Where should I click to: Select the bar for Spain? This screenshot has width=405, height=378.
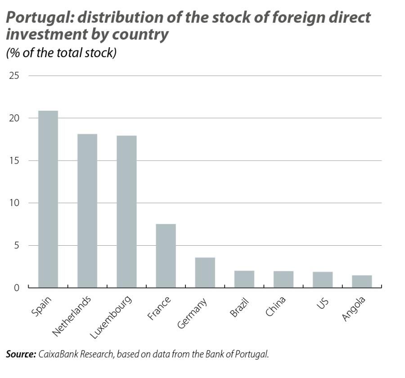coord(48,199)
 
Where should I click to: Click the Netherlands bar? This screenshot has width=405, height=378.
coord(87,211)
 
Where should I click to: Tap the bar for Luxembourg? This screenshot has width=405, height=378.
coord(126,211)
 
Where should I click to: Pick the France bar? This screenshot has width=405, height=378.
coord(166,256)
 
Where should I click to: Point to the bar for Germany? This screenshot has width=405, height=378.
coord(205,272)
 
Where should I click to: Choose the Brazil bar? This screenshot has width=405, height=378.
coord(244,279)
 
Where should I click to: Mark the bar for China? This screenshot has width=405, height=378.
coord(283,279)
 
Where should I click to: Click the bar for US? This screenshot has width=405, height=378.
coord(323,279)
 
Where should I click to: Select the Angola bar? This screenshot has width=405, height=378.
coord(362,281)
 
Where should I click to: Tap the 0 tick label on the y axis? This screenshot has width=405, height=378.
coord(17,288)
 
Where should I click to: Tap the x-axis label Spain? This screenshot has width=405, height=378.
coord(41,306)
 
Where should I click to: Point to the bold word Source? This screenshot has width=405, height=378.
coord(21,354)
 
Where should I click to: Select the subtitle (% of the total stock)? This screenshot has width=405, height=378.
coord(61,53)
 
